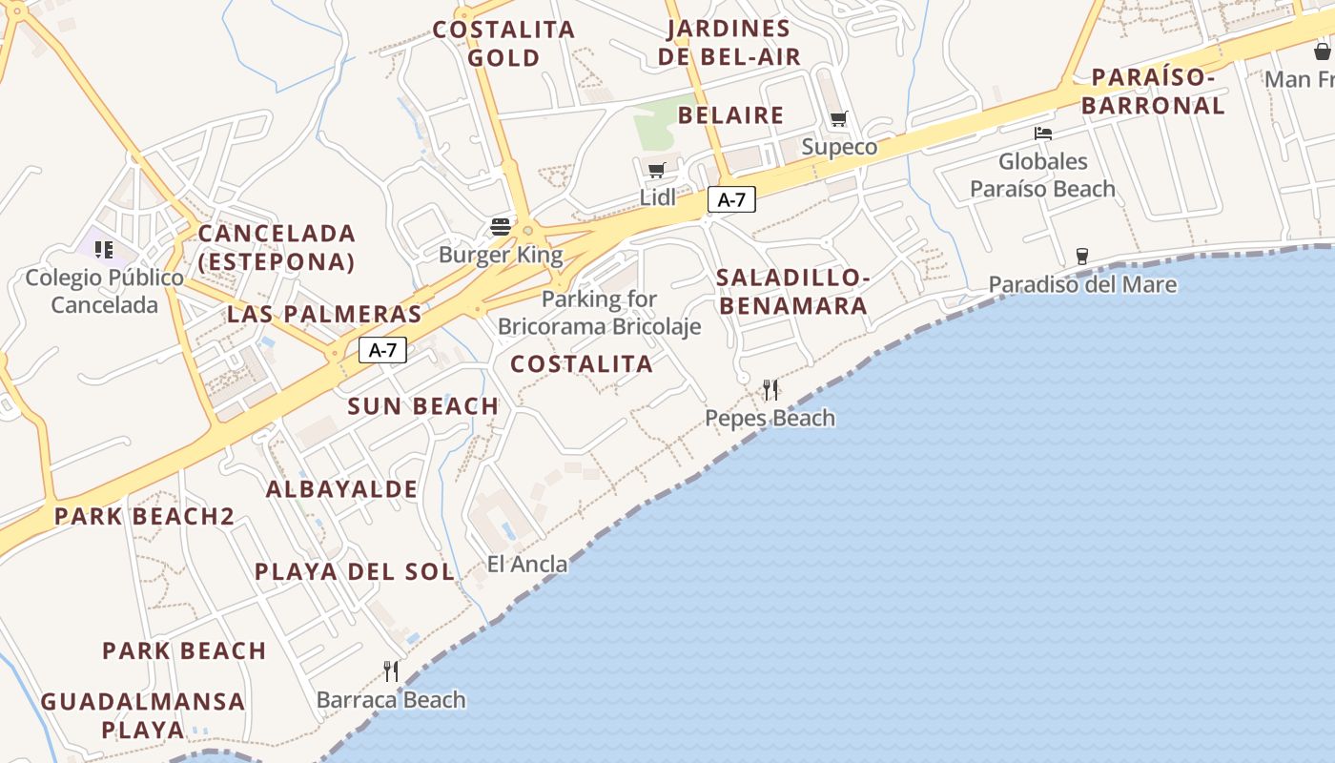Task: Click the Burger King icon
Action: click(501, 227)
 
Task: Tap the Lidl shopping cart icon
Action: click(656, 171)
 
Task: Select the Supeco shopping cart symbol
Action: click(838, 119)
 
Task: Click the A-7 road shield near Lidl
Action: click(731, 199)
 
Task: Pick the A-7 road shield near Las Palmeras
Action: click(382, 350)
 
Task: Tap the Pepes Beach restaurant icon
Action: click(770, 389)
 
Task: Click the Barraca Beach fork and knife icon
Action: click(391, 671)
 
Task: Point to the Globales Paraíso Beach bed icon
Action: click(1043, 134)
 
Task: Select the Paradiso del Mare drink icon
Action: click(1081, 256)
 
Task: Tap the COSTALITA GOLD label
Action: click(503, 43)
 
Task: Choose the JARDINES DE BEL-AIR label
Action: click(729, 43)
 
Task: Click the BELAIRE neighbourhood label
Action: click(731, 115)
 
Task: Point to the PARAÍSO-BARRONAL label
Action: click(1153, 92)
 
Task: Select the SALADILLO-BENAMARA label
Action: click(792, 292)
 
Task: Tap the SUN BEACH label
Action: click(423, 406)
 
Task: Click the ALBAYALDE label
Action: click(341, 489)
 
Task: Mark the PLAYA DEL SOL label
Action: click(354, 572)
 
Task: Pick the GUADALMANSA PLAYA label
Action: click(143, 716)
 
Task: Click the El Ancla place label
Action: click(527, 564)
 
